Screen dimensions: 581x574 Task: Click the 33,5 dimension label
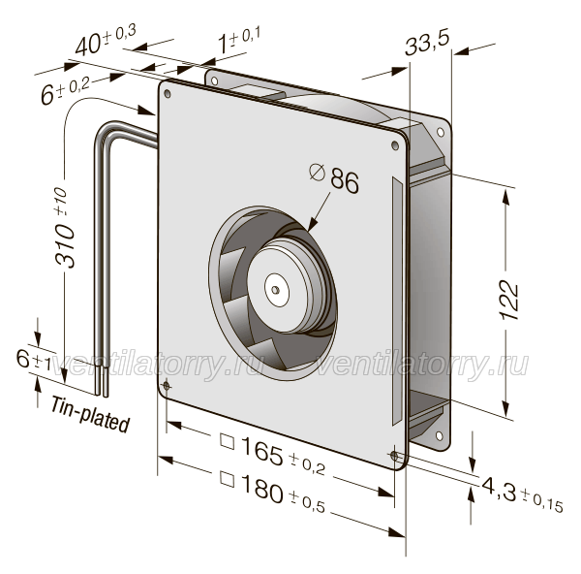[x=427, y=43]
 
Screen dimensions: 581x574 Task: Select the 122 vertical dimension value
[x=510, y=301]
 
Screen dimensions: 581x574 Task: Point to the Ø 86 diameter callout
[x=334, y=180]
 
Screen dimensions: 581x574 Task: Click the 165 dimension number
[x=262, y=451]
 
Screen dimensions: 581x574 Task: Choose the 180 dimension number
[x=262, y=489]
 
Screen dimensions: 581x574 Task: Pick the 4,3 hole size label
[x=499, y=490]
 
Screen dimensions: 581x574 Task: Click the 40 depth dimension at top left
[x=88, y=45]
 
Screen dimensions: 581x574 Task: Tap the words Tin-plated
[x=90, y=414]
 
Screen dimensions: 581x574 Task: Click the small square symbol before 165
[x=228, y=441]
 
